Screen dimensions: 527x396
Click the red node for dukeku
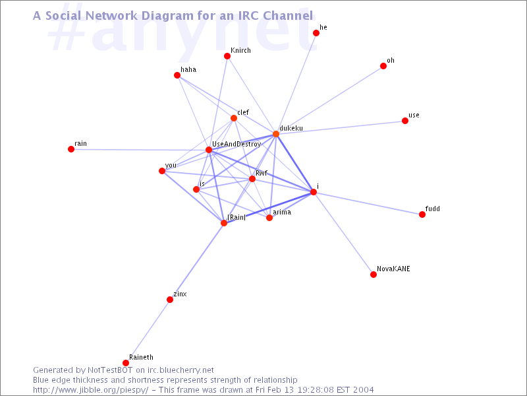click(276, 134)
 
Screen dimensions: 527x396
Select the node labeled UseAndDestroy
click(209, 150)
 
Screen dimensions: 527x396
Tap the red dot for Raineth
click(126, 363)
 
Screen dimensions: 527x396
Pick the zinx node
click(170, 300)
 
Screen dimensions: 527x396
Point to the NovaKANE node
click(374, 275)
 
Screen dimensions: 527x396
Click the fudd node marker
click(422, 214)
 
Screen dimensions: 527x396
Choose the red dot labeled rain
click(71, 149)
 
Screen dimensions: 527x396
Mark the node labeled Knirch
click(227, 56)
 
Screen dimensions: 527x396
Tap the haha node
click(177, 75)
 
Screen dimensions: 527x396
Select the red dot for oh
click(383, 66)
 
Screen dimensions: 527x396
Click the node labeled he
click(316, 33)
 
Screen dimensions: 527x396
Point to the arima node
click(269, 218)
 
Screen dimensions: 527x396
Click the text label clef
click(243, 112)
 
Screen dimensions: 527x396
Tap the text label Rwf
click(261, 173)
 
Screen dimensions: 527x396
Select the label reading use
click(414, 115)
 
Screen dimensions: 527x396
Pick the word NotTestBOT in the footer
click(110, 370)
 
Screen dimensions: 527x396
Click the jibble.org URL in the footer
click(90, 390)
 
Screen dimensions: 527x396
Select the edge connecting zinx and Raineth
click(148, 331)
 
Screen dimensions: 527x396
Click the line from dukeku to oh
click(329, 100)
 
